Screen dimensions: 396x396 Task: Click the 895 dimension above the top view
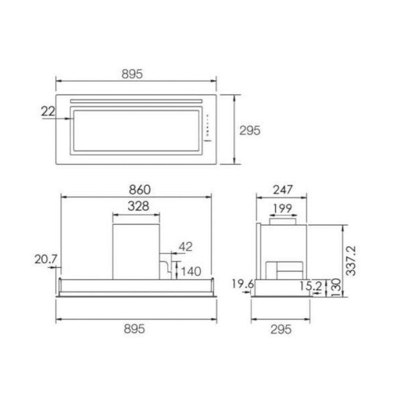(132, 74)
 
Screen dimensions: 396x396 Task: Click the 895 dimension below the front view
(134, 329)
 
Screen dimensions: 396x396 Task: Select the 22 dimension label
(48, 111)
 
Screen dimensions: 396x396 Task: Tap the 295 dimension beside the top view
(250, 130)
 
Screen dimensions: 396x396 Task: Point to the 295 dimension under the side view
(281, 329)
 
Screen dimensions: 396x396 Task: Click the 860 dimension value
(140, 190)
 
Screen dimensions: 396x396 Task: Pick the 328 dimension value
(138, 206)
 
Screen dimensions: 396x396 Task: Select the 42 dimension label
(186, 247)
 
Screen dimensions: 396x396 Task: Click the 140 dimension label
(191, 271)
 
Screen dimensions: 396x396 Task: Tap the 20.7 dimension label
(46, 259)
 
